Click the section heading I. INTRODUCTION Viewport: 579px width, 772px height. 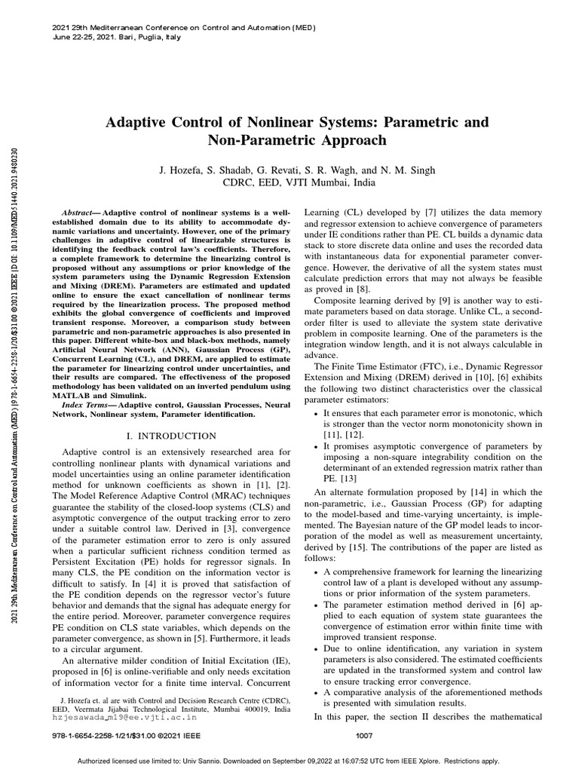(x=171, y=436)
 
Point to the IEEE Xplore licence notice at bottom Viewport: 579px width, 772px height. (x=289, y=761)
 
